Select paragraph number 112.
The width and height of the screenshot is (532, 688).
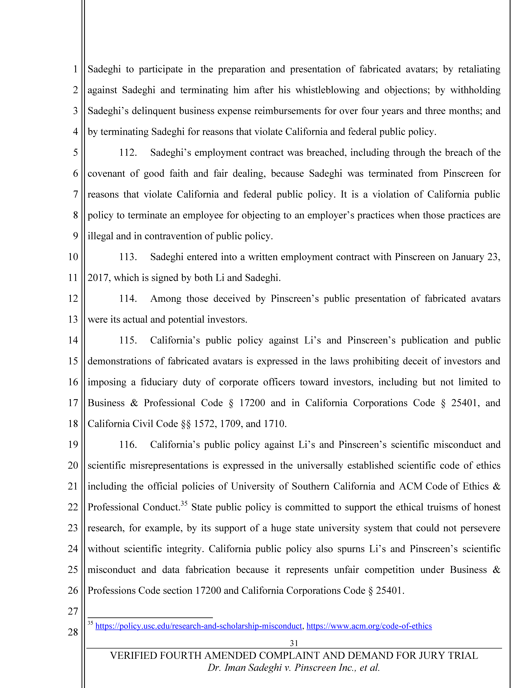[x=128, y=153]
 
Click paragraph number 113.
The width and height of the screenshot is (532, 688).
[x=128, y=257]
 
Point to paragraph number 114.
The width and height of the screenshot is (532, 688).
[x=128, y=299]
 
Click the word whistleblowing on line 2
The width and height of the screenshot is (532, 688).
[x=327, y=90]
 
